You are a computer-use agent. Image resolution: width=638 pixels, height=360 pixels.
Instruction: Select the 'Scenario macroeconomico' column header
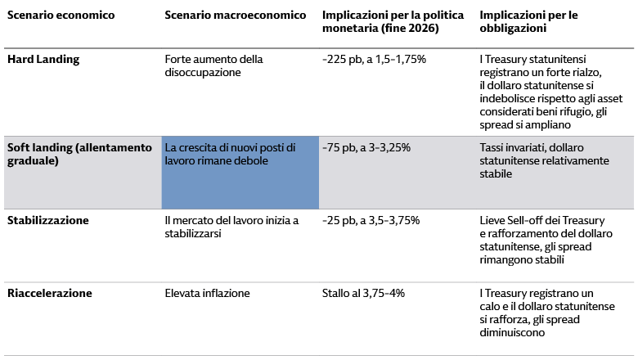[x=235, y=16]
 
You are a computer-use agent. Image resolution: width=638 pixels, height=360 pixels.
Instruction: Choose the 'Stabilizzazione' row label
[x=47, y=221]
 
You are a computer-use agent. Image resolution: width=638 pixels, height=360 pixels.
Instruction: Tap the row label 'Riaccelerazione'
[x=49, y=293]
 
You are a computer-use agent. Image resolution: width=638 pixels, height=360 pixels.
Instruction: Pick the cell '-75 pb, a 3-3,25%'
[x=366, y=147]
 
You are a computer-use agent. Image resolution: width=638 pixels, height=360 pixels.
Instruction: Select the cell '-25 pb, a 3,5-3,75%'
[x=371, y=221]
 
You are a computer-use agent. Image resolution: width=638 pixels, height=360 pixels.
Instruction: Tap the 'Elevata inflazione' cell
[x=207, y=293]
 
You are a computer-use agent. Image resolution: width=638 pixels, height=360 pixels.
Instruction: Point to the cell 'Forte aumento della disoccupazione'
[x=213, y=65]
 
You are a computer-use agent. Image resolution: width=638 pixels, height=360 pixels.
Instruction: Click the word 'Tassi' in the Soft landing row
[x=494, y=147]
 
